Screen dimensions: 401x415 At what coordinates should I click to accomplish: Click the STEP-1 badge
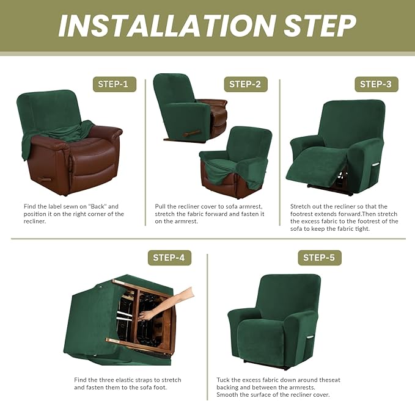tap(114, 84)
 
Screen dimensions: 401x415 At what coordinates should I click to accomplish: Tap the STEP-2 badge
tap(245, 84)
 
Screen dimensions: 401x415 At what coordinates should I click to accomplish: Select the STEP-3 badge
tap(375, 84)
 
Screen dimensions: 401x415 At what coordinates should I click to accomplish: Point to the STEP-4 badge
tap(169, 258)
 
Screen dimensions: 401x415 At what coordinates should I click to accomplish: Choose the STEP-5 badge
tap(319, 258)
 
